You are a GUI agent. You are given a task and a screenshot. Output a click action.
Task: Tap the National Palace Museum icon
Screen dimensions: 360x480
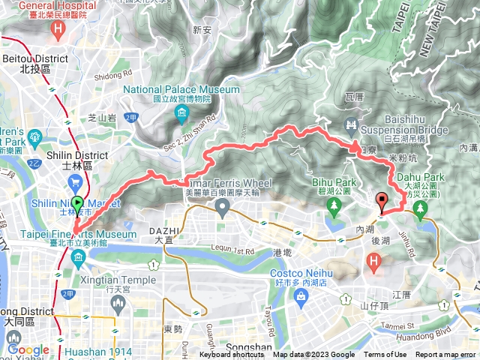(181, 113)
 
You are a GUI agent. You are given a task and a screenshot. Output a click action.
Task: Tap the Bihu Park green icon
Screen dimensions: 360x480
(331, 209)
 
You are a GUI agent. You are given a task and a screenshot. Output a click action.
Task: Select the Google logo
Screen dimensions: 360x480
(28, 349)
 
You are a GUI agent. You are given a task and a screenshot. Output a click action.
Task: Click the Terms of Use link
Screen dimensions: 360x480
(385, 355)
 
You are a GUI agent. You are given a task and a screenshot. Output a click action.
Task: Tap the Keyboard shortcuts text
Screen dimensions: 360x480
(232, 355)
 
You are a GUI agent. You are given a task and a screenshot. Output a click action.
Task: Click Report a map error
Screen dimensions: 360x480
(445, 355)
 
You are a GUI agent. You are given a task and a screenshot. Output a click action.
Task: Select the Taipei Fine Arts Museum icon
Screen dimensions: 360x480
(79, 259)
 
